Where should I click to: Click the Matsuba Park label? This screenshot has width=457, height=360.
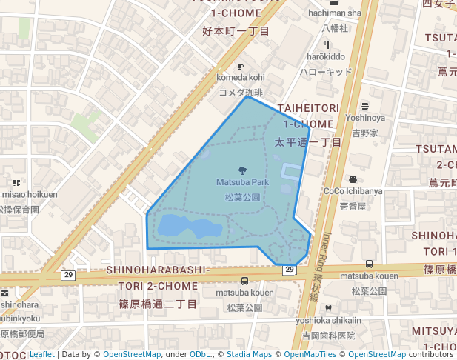click(x=242, y=182)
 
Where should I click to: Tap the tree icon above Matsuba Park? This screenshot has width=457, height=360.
click(x=242, y=171)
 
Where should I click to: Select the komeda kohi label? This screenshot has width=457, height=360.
click(x=240, y=77)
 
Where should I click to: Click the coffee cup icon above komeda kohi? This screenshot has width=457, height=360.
click(x=240, y=67)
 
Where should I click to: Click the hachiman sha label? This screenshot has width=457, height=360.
click(x=334, y=13)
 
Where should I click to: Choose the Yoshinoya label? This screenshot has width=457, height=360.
click(x=364, y=117)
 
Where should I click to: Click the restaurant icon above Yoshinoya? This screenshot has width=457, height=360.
click(x=364, y=106)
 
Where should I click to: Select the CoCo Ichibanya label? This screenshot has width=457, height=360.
click(x=353, y=191)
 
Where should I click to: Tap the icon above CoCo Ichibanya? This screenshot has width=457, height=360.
click(x=353, y=179)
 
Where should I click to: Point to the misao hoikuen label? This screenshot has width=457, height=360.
click(x=30, y=194)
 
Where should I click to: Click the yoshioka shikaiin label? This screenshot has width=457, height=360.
click(x=328, y=320)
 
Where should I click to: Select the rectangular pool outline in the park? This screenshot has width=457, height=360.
click(x=291, y=175)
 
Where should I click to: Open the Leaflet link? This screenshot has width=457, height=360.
click(x=41, y=354)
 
